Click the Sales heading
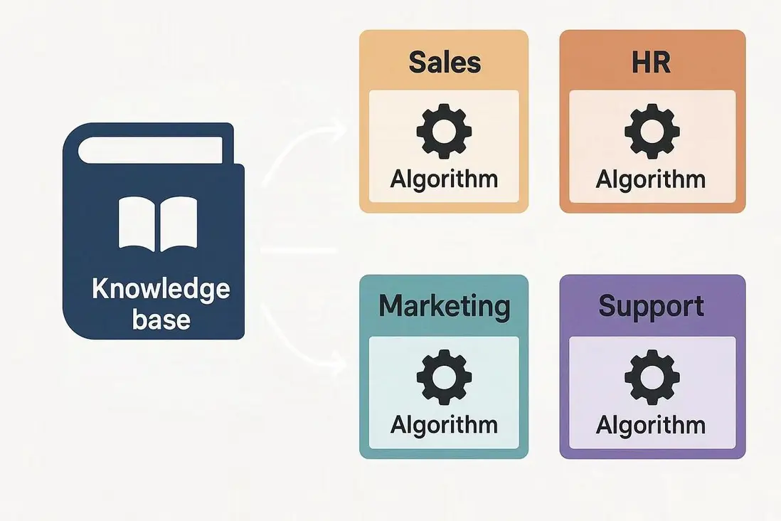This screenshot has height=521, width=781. point(445,62)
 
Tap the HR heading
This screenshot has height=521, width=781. point(651,62)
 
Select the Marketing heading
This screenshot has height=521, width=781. point(445,306)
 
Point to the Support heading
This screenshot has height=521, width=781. point(651,307)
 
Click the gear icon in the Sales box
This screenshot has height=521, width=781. point(445,131)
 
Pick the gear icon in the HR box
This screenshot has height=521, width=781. point(652,131)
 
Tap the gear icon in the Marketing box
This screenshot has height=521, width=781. point(445,377)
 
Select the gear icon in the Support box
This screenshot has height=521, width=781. point(652,377)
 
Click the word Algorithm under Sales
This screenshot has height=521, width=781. point(444,179)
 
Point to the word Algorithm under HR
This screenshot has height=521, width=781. point(651,179)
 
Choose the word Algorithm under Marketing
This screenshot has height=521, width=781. point(444,426)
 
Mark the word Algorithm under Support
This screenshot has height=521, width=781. point(651,426)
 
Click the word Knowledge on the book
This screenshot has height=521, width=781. point(161,289)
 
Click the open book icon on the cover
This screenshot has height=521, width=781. point(157,224)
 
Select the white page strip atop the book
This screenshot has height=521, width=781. point(150,150)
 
